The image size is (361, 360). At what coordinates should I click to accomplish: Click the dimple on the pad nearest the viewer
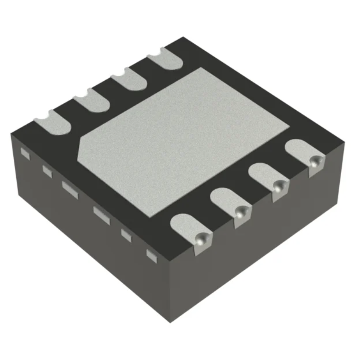click(x=201, y=239)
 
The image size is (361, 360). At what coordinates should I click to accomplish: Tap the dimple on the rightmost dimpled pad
click(x=316, y=161)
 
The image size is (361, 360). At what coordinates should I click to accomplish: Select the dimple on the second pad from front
click(x=240, y=212)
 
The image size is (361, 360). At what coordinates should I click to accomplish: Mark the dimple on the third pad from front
click(x=278, y=186)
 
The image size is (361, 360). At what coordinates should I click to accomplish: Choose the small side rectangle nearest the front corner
click(x=151, y=253)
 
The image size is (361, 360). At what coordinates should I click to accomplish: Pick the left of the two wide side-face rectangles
click(x=70, y=188)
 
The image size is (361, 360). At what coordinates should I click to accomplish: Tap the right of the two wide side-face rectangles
click(x=102, y=215)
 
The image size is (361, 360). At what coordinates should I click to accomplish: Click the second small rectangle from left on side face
click(x=47, y=170)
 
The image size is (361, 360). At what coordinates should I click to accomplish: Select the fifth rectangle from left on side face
click(x=126, y=234)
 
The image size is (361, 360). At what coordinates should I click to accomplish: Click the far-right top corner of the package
click(x=344, y=144)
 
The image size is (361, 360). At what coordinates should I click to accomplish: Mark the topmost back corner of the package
click(x=182, y=37)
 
